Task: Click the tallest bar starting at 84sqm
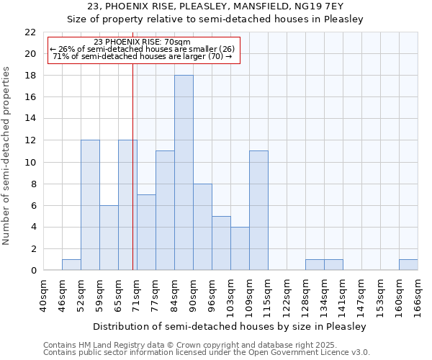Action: click(184, 173)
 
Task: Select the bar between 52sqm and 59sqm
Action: click(90, 205)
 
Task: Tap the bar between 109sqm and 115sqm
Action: click(258, 211)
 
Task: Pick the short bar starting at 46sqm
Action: click(71, 265)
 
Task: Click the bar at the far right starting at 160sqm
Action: click(408, 265)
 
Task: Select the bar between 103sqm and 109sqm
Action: click(240, 248)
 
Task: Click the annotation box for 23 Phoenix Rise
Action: click(142, 50)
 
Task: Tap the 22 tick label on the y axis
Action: click(30, 32)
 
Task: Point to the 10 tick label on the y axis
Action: click(30, 163)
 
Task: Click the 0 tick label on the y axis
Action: click(33, 271)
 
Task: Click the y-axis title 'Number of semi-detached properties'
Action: click(7, 156)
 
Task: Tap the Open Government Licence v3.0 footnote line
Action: click(207, 353)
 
